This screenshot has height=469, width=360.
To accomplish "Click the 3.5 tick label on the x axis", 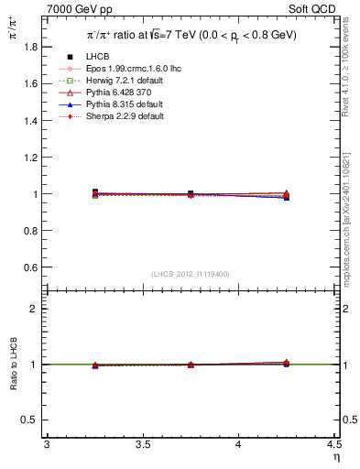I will pos(142,444).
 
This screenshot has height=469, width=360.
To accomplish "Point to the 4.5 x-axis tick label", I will pos(333,444).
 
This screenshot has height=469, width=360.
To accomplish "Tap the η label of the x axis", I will pos(335,455).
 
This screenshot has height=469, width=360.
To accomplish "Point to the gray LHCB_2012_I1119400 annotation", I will pos(191,274).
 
